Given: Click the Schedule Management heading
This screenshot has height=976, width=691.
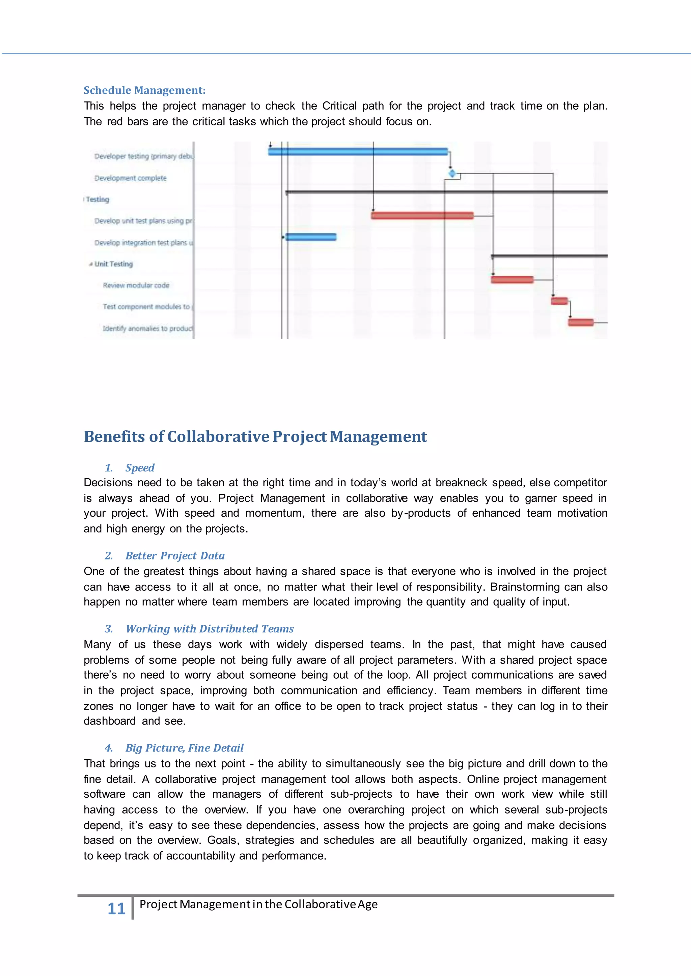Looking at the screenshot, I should click(144, 90).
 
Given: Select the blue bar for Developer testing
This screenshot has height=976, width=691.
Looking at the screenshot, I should click(357, 152).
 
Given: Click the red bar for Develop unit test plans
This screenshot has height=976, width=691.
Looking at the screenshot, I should click(422, 215).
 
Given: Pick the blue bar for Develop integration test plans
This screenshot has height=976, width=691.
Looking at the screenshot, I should click(311, 237).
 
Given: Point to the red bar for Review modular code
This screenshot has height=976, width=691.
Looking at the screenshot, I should click(512, 279).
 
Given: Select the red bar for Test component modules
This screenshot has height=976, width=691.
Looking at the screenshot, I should click(559, 301).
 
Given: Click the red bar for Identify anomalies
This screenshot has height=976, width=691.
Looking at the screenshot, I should click(580, 322).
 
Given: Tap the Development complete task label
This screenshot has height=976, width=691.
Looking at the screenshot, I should click(130, 178).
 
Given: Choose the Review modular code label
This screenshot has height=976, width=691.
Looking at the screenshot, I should click(136, 285).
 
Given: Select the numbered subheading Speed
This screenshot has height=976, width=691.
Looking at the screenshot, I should click(140, 467).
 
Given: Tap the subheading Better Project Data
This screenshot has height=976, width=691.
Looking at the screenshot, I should click(175, 556).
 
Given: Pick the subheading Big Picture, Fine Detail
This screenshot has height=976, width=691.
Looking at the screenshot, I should click(184, 748).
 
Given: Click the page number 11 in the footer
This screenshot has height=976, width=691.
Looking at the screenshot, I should click(116, 908).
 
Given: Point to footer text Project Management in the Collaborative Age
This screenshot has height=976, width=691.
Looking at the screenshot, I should click(258, 904).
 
